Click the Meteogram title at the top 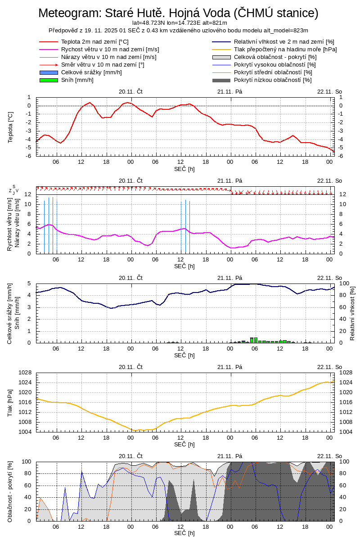tap(178, 13)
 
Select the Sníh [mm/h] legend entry tap(77, 80)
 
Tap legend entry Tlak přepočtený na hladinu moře tap(285, 49)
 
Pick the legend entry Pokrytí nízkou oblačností tap(273, 80)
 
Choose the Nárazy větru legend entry tap(108, 57)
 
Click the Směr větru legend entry tap(103, 65)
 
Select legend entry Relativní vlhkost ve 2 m tap(284, 42)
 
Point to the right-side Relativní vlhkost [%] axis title tap(352, 313)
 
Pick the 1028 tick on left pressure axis tap(25, 373)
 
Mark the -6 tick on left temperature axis tap(28, 156)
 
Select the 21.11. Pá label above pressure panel tap(229, 367)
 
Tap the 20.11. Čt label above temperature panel tap(130, 91)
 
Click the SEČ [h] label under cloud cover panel tap(184, 533)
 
